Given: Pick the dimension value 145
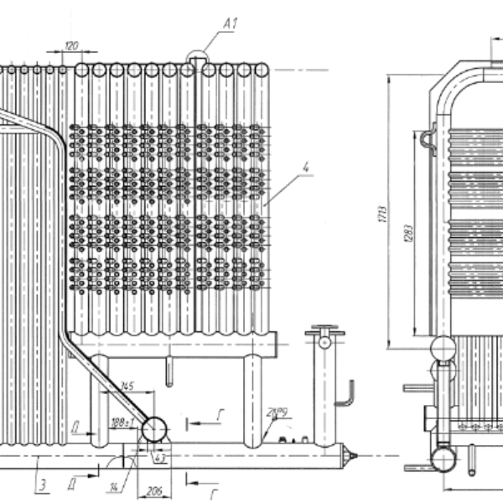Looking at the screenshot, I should [x=127, y=386].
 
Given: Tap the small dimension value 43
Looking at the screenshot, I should [x=159, y=457].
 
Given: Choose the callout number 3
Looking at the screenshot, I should [x=39, y=484].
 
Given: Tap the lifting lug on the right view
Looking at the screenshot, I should [x=427, y=137].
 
